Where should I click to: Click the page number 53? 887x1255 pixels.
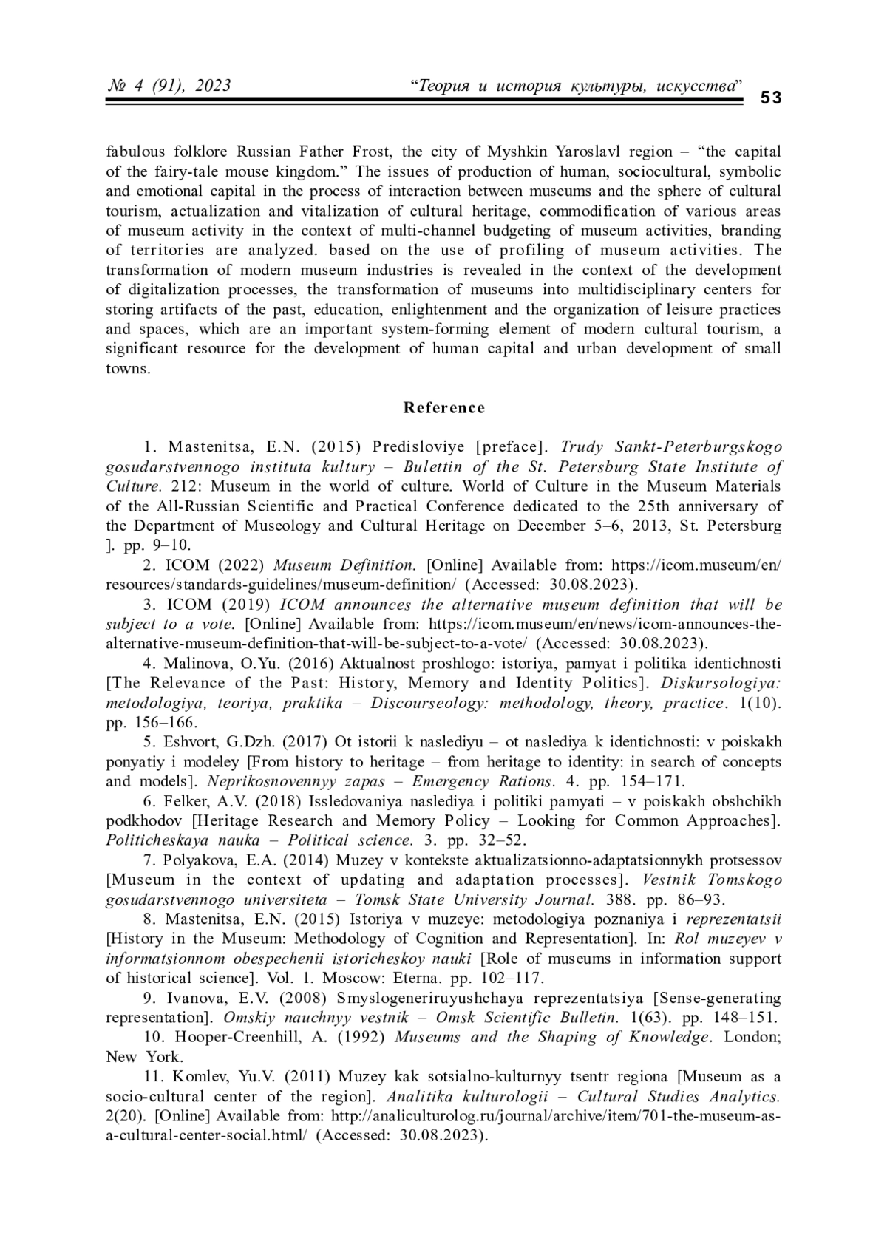click(771, 98)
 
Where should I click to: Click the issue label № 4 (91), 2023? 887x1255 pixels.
click(169, 86)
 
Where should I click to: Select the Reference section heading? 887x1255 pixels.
click(444, 407)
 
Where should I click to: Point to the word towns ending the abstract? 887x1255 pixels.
click(127, 368)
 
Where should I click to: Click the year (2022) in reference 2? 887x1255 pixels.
click(240, 565)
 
